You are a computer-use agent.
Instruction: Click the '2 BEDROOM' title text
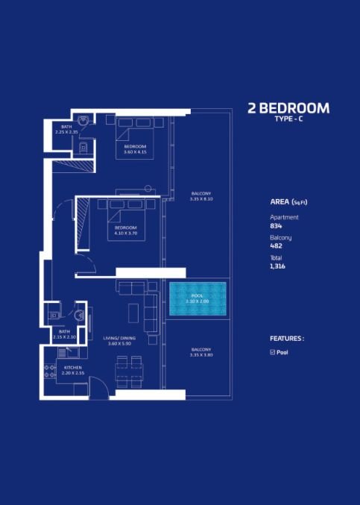click(x=288, y=108)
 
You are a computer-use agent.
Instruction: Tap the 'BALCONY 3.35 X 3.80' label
click(x=201, y=352)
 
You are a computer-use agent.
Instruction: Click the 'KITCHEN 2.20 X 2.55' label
click(x=72, y=369)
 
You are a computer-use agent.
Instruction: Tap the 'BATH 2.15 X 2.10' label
click(x=65, y=333)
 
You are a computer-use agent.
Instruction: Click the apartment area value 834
click(x=276, y=225)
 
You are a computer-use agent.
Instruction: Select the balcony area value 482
click(x=276, y=245)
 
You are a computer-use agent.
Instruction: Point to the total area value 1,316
click(x=278, y=266)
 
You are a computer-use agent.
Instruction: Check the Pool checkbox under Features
click(x=273, y=352)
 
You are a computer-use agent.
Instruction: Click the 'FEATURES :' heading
click(x=287, y=338)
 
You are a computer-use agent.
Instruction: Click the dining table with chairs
click(x=129, y=371)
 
